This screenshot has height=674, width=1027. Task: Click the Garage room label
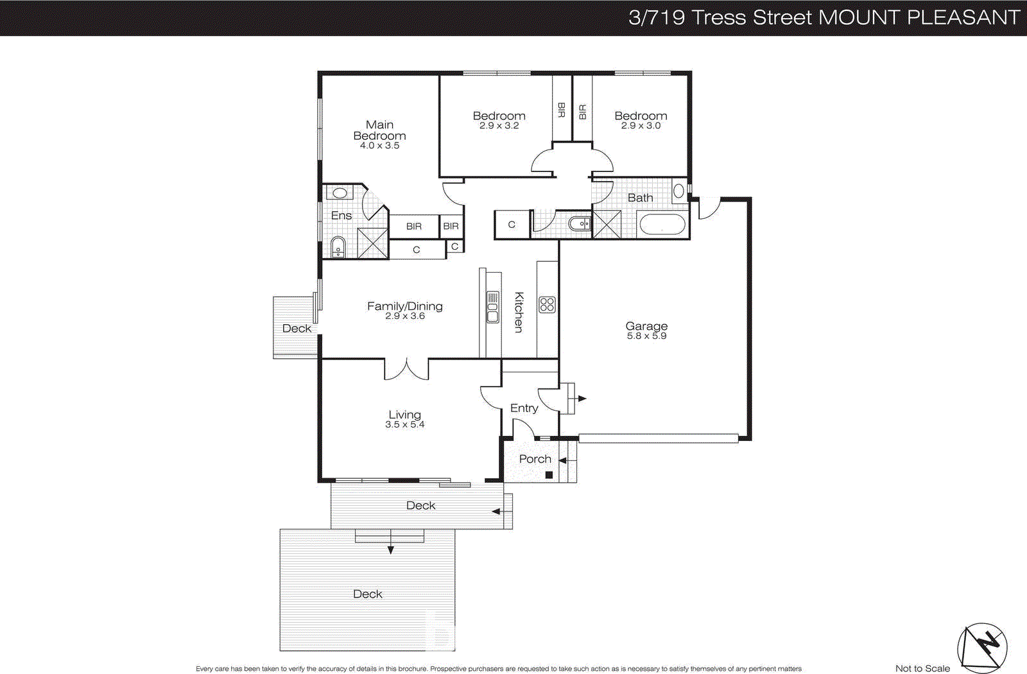click(x=646, y=326)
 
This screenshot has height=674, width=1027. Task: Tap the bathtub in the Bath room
click(x=662, y=225)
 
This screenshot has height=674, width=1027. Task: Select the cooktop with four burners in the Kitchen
click(x=547, y=304)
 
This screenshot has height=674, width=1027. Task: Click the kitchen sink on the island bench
click(x=492, y=307)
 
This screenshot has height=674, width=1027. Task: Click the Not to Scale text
click(x=922, y=668)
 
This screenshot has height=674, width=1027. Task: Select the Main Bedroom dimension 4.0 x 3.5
click(x=379, y=146)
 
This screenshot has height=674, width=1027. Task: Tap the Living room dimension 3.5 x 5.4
click(x=404, y=424)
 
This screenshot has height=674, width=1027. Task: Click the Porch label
click(x=535, y=459)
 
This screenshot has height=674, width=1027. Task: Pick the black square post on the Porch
click(x=549, y=475)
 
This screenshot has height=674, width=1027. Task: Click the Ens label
click(x=341, y=216)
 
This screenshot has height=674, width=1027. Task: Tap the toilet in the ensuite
click(x=338, y=246)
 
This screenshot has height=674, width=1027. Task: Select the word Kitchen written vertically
click(x=519, y=312)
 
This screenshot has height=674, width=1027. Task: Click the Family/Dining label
click(x=404, y=306)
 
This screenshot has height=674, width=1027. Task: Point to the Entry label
click(x=524, y=408)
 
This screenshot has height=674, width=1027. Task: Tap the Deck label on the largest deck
click(x=367, y=594)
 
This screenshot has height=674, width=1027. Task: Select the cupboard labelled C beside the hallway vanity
click(x=512, y=225)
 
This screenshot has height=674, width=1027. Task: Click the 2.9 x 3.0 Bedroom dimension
click(x=641, y=126)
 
